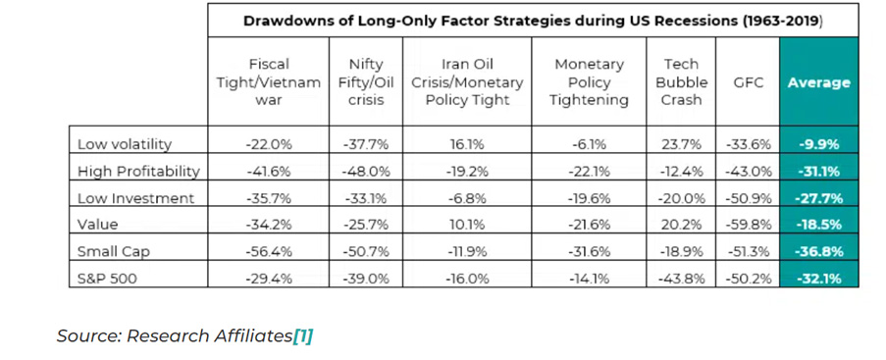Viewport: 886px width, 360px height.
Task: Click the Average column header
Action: click(x=818, y=82)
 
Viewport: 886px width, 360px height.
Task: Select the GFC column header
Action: click(x=747, y=82)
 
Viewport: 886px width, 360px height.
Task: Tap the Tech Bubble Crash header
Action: click(x=682, y=82)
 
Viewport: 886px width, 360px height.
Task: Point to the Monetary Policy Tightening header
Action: click(x=589, y=82)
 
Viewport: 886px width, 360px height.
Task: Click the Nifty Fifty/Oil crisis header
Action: click(x=366, y=82)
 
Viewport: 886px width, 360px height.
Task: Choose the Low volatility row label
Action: click(x=125, y=144)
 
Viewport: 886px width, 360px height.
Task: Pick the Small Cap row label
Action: click(x=114, y=251)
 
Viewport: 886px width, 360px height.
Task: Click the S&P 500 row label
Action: click(x=108, y=278)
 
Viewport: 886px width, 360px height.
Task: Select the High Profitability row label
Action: click(x=138, y=172)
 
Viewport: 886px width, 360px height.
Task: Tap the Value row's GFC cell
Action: click(x=748, y=225)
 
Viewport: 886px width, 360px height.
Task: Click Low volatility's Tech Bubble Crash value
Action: click(x=682, y=144)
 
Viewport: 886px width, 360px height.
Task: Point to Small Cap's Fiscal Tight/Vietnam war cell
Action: click(x=269, y=251)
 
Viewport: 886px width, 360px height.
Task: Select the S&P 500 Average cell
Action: click(x=818, y=278)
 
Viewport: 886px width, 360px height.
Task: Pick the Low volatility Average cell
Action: click(x=818, y=144)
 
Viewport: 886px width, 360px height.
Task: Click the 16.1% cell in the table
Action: click(x=467, y=144)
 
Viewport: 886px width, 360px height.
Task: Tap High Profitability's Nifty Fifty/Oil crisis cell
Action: click(x=366, y=172)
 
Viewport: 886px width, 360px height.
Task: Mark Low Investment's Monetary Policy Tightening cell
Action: click(x=589, y=198)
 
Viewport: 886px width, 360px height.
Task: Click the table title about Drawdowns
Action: click(x=533, y=21)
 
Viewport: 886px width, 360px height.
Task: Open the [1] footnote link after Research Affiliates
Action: click(x=303, y=335)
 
